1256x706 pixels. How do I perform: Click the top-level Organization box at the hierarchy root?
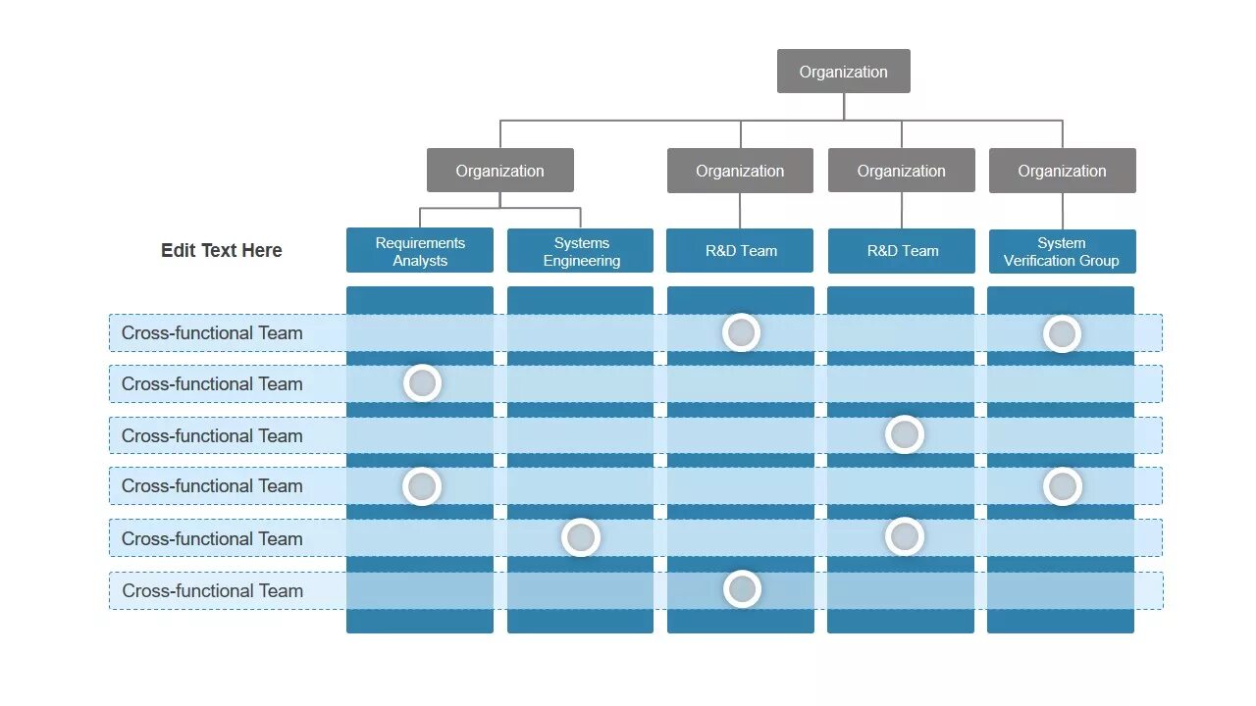coord(843,72)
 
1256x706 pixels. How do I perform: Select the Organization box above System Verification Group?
coord(1062,171)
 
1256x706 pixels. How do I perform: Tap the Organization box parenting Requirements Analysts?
coord(499,171)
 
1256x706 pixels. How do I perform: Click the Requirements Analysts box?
coord(420,251)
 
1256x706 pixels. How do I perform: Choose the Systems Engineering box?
coord(581,251)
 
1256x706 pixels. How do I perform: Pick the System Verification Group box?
coord(1062,251)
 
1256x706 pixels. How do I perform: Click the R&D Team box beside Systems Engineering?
coord(741,251)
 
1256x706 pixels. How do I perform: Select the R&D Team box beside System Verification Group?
coord(902,251)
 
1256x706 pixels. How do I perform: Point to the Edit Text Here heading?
coord(222,250)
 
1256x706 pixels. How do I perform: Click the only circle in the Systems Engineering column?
coord(581,537)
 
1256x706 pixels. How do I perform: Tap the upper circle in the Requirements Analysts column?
coord(423,383)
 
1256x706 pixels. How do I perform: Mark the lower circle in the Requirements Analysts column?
coord(423,486)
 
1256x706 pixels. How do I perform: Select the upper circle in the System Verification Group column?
coord(1062,334)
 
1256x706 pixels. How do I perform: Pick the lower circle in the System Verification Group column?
coord(1062,486)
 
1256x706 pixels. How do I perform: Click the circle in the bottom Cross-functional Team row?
coord(743,589)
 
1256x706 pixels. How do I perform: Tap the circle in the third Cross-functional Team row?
coord(905,434)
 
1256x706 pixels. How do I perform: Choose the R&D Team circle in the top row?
coord(742,333)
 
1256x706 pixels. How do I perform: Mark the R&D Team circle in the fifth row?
coord(905,536)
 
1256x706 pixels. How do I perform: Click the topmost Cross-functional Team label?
coord(212,333)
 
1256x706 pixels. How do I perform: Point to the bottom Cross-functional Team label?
coord(212,591)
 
